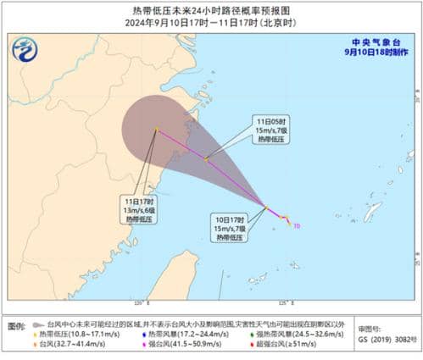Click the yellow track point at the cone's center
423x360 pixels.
(157, 130)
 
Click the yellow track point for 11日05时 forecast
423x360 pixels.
(206, 158)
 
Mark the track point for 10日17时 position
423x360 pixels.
(266, 208)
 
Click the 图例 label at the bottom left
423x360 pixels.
(16, 324)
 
